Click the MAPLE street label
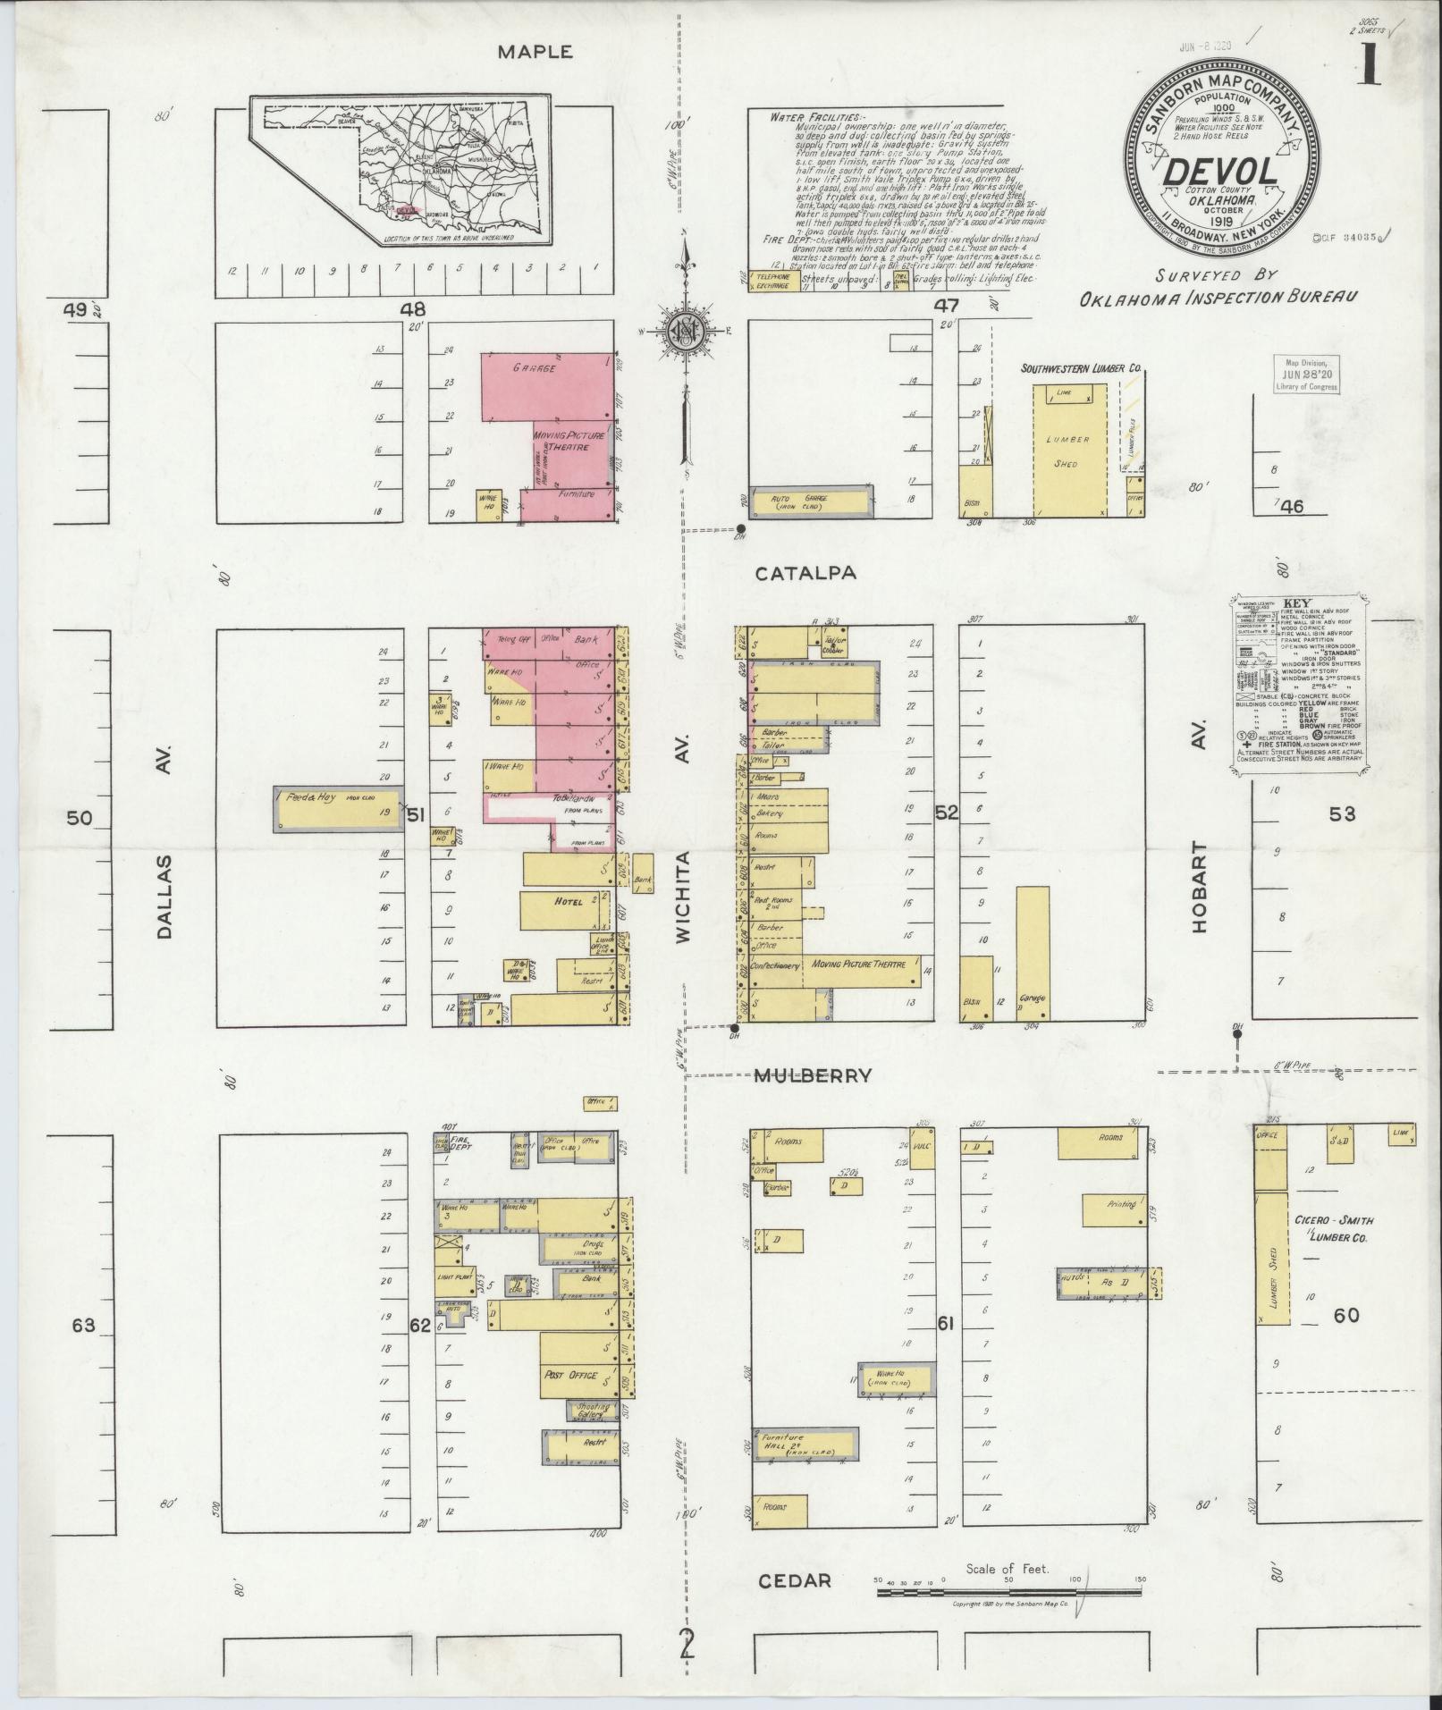(x=535, y=52)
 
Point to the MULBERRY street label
(x=812, y=1076)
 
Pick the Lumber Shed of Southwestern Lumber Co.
(x=1069, y=451)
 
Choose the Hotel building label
(x=569, y=902)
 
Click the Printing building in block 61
(x=1114, y=1209)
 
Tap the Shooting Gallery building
(x=593, y=1411)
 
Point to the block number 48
(x=413, y=309)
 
